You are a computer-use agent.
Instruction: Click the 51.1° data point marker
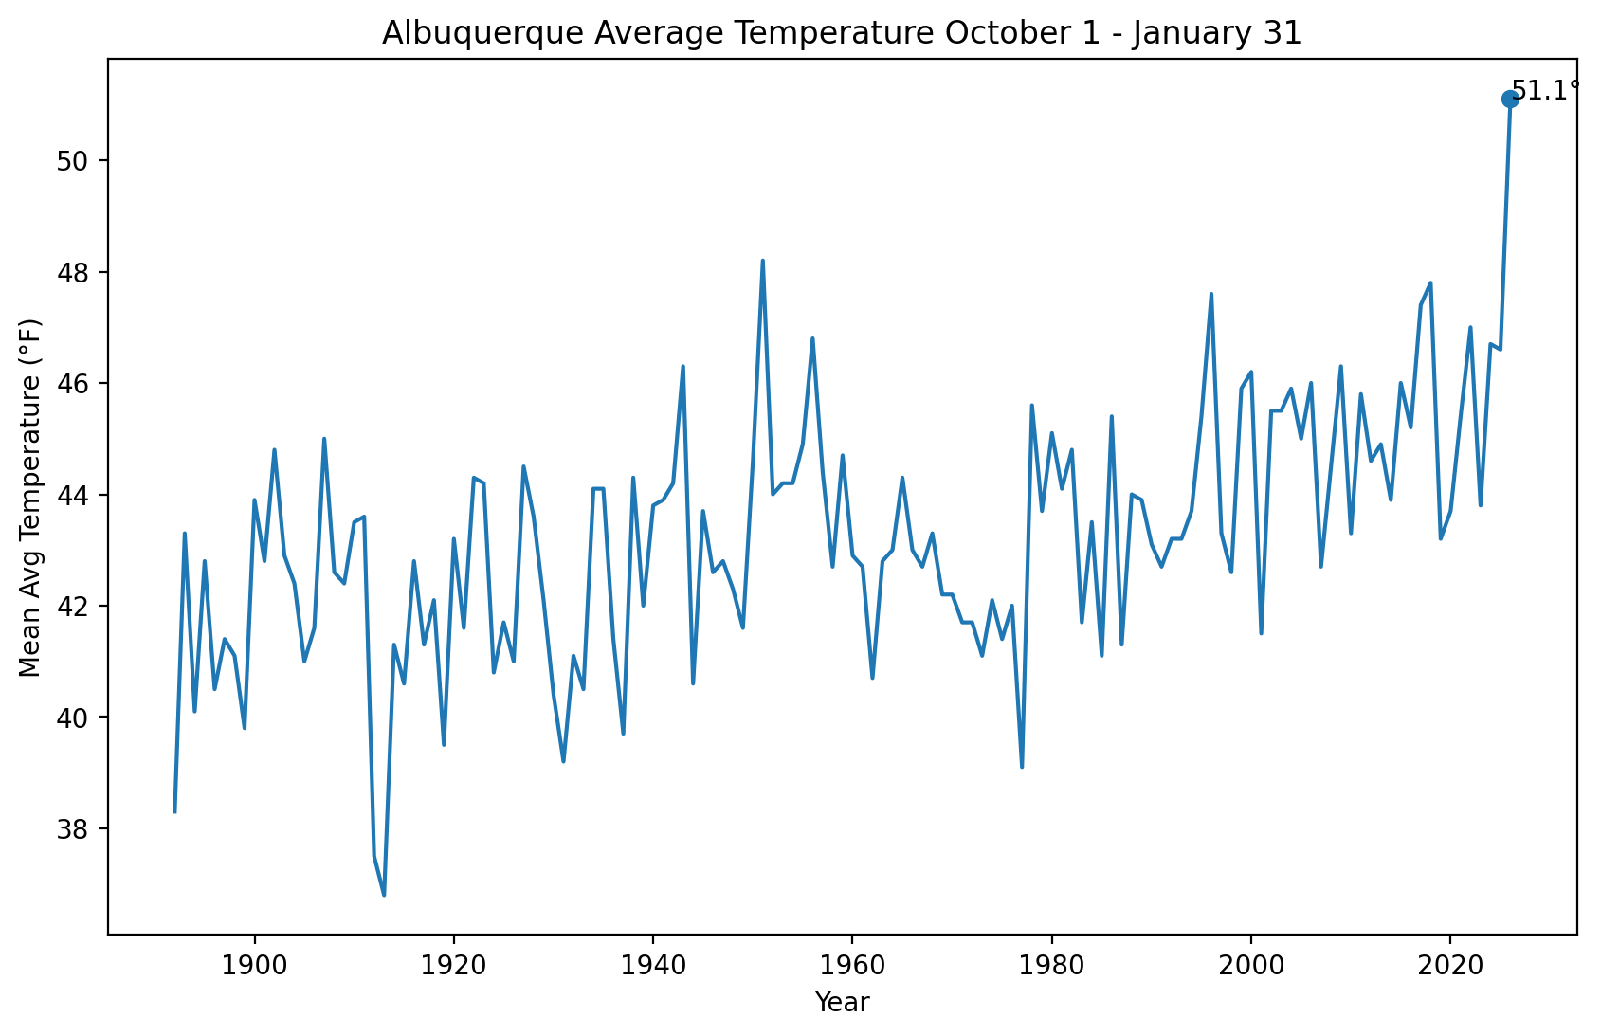point(1510,100)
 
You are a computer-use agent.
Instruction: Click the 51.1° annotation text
point(1545,91)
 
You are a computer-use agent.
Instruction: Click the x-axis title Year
point(842,1003)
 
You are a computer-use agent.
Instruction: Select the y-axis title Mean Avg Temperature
point(30,498)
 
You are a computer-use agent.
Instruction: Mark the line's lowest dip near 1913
point(384,895)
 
